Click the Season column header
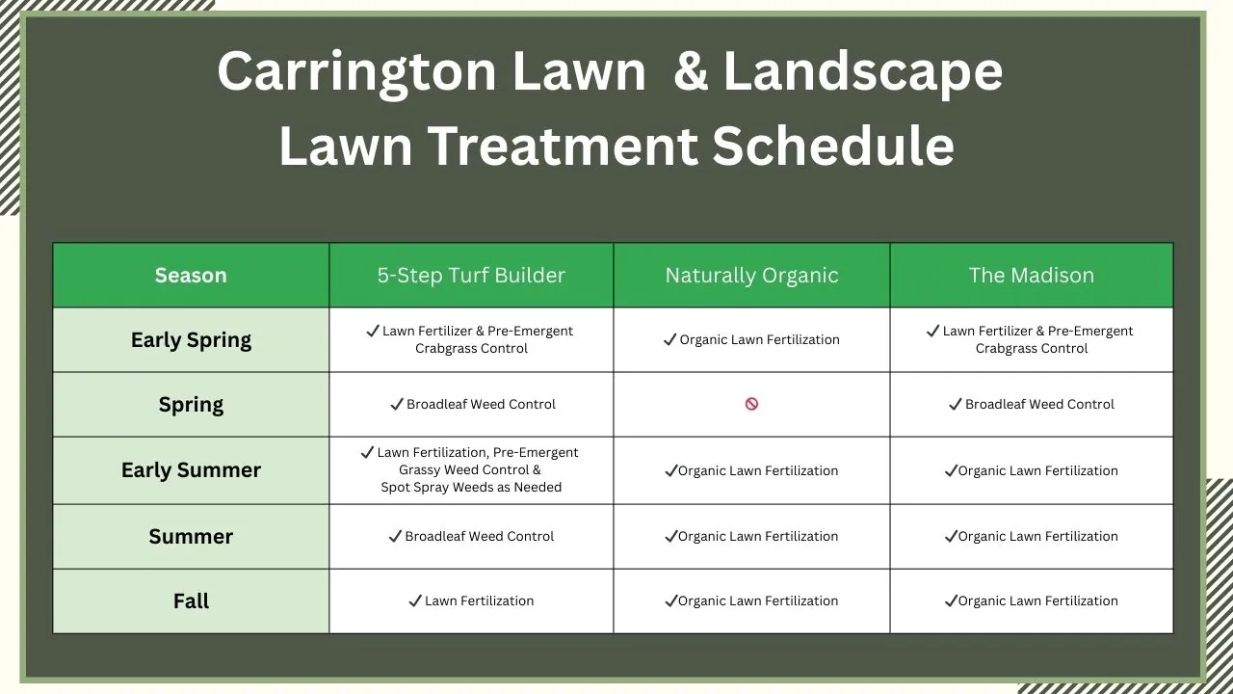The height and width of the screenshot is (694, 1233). pos(191,276)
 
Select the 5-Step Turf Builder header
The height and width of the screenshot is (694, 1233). pos(471,276)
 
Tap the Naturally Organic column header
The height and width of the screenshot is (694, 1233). pos(751,276)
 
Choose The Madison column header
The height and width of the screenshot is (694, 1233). pos(1031,276)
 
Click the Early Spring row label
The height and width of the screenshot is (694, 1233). pos(191,340)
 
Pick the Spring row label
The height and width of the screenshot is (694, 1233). pos(191,405)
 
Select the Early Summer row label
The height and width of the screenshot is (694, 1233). pos(191,470)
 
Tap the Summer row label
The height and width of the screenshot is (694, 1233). pos(191,537)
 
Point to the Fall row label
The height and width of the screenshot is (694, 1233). pos(191,601)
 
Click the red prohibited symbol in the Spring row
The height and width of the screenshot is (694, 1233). pos(751,404)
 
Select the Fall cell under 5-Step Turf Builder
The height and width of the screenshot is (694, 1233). pos(471,601)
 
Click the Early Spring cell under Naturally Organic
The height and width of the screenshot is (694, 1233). pos(751,339)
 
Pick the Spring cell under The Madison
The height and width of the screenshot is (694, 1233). pos(1031,404)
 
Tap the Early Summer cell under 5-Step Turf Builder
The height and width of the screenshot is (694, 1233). pos(471,469)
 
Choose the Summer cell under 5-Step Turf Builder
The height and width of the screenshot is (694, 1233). pos(471,536)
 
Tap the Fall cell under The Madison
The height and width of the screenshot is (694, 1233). pos(1031,601)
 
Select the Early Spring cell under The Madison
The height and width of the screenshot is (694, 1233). pos(1031,339)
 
